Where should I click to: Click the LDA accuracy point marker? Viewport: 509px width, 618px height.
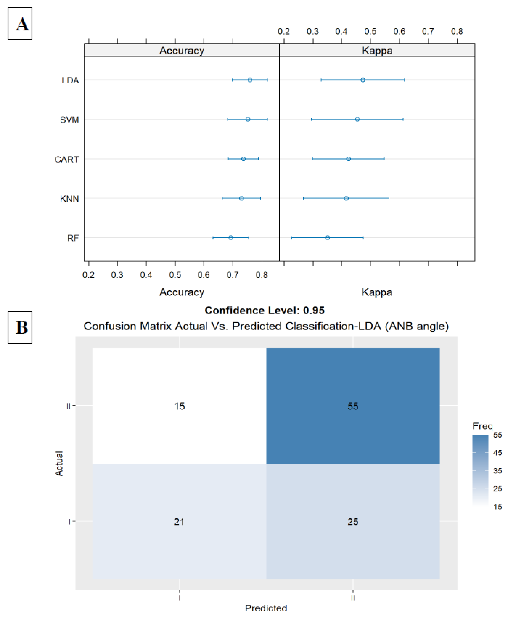click(x=250, y=80)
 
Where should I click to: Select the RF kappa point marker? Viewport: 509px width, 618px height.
click(x=328, y=238)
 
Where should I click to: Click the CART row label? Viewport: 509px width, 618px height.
click(x=67, y=159)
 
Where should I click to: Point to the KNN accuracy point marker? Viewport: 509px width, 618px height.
click(x=241, y=198)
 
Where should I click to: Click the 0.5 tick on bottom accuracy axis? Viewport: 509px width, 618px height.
click(x=175, y=275)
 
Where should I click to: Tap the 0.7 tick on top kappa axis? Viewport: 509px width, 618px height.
click(x=428, y=31)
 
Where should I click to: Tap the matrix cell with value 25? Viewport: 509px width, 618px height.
click(x=353, y=522)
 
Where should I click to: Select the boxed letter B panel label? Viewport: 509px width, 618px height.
click(x=20, y=327)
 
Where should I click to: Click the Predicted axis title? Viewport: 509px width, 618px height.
click(x=266, y=608)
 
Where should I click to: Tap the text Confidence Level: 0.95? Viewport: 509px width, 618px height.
click(x=265, y=310)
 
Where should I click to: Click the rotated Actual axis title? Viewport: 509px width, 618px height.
click(x=59, y=463)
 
